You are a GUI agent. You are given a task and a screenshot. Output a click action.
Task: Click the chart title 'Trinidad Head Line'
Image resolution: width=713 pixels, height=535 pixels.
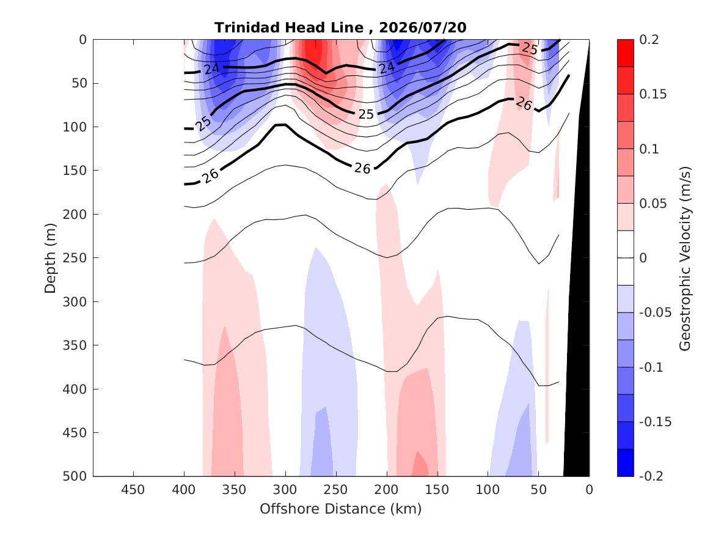(x=289, y=28)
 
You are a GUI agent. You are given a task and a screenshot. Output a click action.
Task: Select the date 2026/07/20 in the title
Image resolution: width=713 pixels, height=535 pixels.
(x=422, y=28)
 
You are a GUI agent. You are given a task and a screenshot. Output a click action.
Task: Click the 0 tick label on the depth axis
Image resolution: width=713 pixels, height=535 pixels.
(x=82, y=40)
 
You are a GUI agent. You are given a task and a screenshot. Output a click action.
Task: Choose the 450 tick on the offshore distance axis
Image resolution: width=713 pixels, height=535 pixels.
(x=133, y=490)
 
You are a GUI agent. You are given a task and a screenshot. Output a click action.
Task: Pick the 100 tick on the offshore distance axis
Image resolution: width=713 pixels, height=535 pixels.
(x=488, y=490)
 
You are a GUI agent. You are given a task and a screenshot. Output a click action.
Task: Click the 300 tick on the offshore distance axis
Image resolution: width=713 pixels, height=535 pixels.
(x=285, y=490)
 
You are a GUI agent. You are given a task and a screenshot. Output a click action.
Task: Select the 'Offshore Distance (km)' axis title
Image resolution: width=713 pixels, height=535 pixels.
(x=340, y=509)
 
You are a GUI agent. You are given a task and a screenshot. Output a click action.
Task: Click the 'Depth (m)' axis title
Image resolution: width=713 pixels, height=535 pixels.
(x=50, y=258)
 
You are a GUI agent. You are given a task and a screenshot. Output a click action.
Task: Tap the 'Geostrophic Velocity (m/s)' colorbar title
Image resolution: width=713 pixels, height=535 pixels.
(x=685, y=259)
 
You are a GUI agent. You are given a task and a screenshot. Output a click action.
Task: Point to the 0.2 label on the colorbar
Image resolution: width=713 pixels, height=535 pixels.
(x=649, y=40)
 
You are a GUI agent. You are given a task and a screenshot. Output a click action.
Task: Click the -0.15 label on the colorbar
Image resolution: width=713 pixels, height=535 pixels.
(x=655, y=422)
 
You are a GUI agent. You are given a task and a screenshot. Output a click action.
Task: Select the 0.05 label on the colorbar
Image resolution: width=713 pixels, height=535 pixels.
(x=653, y=204)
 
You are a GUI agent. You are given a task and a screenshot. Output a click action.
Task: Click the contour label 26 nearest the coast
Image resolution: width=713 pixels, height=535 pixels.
(x=524, y=104)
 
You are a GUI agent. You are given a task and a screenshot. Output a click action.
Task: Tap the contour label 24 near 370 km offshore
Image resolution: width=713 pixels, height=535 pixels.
(x=212, y=68)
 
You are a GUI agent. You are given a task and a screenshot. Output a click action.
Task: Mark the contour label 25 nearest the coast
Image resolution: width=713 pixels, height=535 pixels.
(x=529, y=48)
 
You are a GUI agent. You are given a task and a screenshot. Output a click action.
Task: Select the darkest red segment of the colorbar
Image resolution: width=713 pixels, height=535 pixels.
(x=625, y=53)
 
